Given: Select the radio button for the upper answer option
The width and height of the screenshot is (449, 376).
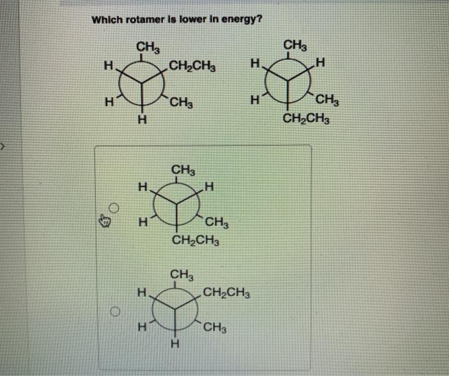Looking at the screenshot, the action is [114, 208].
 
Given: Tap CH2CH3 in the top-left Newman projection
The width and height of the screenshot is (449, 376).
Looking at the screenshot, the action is [192, 66].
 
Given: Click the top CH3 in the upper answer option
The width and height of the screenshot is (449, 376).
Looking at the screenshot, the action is [184, 170].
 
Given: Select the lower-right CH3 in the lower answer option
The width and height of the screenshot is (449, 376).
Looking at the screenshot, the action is [214, 330].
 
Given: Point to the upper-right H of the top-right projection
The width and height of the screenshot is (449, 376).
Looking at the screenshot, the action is [321, 63].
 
